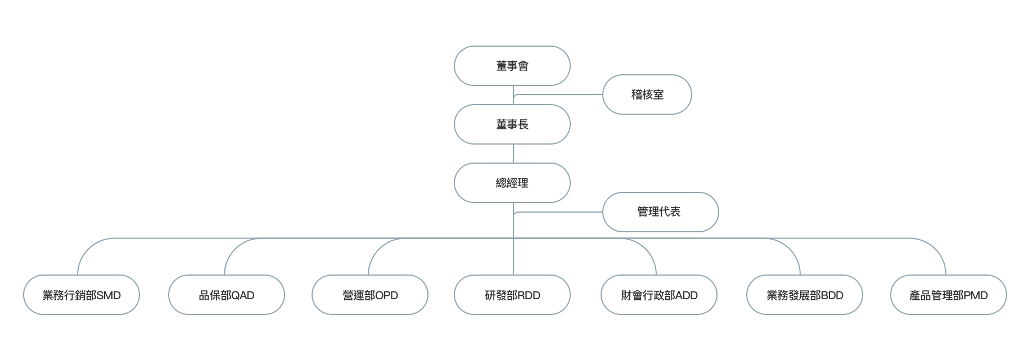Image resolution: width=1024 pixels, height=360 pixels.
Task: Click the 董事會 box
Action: click(x=512, y=66)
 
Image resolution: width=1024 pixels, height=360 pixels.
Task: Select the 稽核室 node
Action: click(x=647, y=94)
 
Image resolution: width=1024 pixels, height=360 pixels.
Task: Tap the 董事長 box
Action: click(x=512, y=124)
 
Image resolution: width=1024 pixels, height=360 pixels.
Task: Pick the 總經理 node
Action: click(x=512, y=183)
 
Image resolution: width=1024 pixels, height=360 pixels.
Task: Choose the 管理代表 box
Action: click(x=660, y=212)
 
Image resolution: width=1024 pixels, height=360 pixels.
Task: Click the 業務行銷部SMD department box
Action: click(x=82, y=295)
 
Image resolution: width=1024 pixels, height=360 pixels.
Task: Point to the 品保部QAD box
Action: click(x=227, y=295)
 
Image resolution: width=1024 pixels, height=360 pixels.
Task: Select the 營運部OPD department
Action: click(x=370, y=295)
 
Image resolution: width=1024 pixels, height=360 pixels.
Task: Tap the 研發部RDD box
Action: click(x=512, y=295)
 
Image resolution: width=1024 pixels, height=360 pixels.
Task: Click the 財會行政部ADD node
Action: click(x=659, y=295)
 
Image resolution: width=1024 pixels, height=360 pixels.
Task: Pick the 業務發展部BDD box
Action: click(x=804, y=295)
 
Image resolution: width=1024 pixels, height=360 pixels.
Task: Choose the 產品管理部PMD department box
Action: click(x=948, y=295)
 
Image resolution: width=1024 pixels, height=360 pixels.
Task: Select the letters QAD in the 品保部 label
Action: click(x=242, y=295)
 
